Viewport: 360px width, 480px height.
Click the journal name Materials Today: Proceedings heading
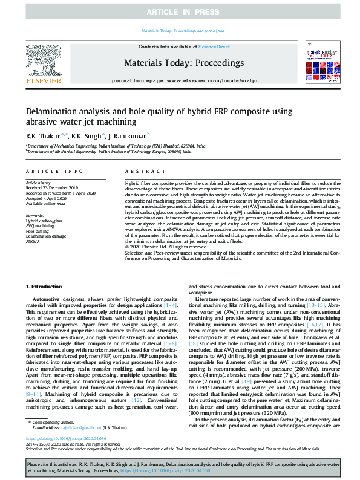coord(184,63)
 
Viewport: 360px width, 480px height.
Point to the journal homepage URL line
coord(184,80)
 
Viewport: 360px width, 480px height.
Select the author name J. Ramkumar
coord(129,135)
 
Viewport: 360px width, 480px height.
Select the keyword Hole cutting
coord(38,231)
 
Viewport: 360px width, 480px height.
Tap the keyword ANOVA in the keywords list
coord(33,241)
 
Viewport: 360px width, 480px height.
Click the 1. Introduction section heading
coord(46,286)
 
